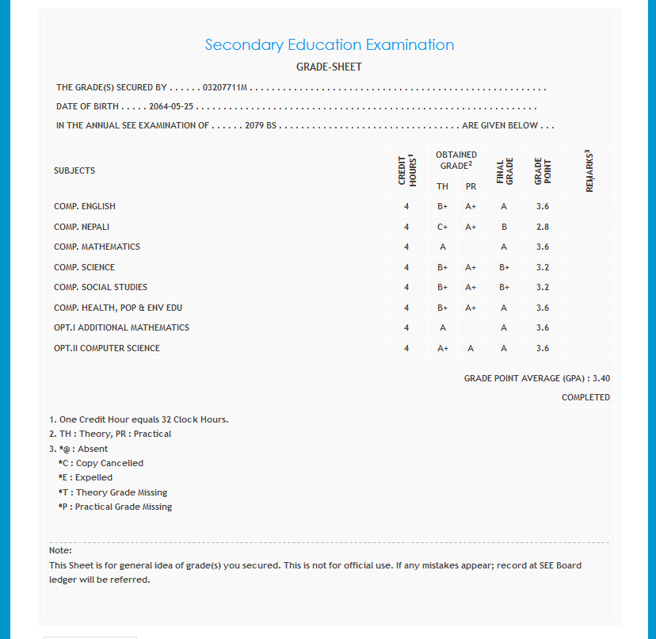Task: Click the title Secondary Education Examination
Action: point(329,45)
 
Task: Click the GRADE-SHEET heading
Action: point(329,67)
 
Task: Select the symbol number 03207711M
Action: point(226,87)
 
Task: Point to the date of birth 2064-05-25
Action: point(172,106)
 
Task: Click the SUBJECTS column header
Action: point(74,170)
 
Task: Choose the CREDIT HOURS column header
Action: point(406,170)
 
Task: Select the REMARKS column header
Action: point(589,170)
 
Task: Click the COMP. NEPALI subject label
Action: point(82,227)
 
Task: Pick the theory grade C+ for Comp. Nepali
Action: point(443,227)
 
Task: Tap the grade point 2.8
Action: point(543,227)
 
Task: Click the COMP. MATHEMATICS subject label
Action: point(97,247)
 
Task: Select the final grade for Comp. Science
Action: point(504,267)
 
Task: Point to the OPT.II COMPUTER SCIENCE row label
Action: point(107,348)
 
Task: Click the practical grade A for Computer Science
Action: point(471,348)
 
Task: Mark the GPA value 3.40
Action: point(601,378)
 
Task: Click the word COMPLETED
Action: point(585,397)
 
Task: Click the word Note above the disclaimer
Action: point(60,550)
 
